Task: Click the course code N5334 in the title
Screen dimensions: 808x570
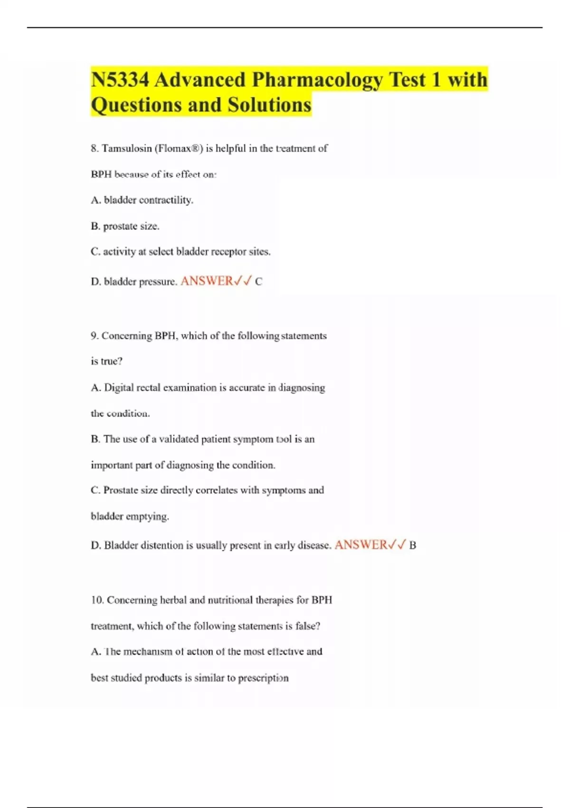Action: (x=119, y=80)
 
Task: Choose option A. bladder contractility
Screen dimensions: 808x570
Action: (x=142, y=200)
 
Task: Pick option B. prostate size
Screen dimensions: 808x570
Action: (x=125, y=226)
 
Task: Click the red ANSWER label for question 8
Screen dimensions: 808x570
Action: (x=207, y=281)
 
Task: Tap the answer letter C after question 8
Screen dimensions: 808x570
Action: (x=258, y=282)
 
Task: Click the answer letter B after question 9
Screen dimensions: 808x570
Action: (x=412, y=546)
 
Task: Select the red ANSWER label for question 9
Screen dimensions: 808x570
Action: (x=361, y=545)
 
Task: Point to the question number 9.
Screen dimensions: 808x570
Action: (x=94, y=336)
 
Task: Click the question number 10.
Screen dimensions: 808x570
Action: (x=97, y=600)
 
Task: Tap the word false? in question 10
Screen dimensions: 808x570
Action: (x=308, y=626)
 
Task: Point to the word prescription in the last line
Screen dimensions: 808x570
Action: (x=263, y=678)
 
